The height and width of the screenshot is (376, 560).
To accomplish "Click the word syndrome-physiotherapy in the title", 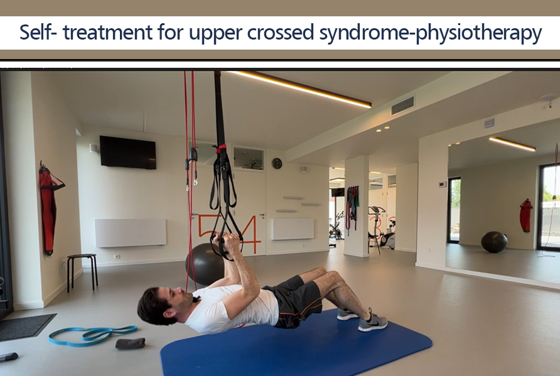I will tap(431, 33).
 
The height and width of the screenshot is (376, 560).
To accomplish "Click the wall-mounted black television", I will tap(127, 152).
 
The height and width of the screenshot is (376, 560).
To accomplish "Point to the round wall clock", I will tap(277, 163).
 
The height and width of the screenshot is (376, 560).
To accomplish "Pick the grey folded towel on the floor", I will tap(130, 343).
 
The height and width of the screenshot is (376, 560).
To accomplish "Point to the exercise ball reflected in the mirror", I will tap(494, 242).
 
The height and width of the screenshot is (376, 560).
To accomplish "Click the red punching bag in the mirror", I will tap(525, 215).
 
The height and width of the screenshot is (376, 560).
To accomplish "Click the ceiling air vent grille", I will tap(402, 105).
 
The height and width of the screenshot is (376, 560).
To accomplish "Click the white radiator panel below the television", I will tap(131, 233).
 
